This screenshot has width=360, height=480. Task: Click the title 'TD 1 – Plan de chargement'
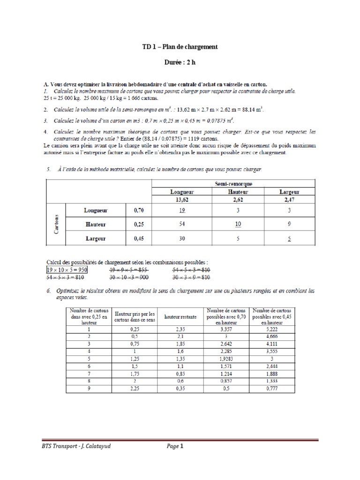[x=180, y=47]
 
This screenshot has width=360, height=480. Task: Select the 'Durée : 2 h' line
[x=180, y=62]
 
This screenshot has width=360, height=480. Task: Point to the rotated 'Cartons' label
[x=57, y=225]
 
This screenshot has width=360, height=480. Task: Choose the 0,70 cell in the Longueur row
[x=139, y=211]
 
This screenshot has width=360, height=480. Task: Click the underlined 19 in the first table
[x=182, y=211]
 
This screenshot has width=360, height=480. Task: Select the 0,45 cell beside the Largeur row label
[x=139, y=238]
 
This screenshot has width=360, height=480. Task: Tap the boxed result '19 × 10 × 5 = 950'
[x=67, y=270]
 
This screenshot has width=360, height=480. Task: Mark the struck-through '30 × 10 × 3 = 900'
[x=128, y=277]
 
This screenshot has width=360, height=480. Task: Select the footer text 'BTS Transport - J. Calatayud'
[x=77, y=447]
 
